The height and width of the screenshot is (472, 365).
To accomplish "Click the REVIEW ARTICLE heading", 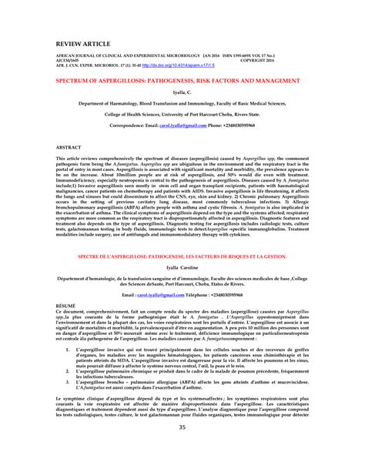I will click(79, 38).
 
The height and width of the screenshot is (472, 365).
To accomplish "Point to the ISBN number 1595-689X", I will click(248, 57).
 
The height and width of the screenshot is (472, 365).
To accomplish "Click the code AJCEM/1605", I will click(67, 62).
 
